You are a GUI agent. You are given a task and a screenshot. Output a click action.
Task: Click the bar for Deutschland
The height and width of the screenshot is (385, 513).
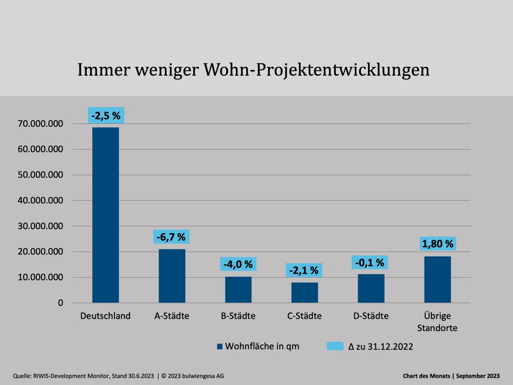click(x=106, y=215)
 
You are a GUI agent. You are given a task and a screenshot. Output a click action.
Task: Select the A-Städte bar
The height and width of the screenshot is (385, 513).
click(x=172, y=276)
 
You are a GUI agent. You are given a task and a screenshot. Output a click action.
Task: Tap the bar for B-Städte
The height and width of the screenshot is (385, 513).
click(x=238, y=290)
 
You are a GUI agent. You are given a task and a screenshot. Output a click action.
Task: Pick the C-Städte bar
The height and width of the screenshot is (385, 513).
click(x=305, y=293)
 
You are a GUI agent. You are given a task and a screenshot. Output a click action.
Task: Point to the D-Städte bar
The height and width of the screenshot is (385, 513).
click(x=371, y=288)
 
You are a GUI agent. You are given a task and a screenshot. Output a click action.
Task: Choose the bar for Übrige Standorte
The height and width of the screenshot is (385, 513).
click(x=437, y=279)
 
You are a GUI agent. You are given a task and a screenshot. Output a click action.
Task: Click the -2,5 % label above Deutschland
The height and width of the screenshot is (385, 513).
click(x=106, y=115)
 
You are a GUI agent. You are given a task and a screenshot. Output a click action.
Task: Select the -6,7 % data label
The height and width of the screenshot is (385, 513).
click(x=171, y=237)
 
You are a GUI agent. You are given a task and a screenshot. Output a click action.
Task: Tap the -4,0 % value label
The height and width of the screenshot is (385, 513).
click(x=238, y=264)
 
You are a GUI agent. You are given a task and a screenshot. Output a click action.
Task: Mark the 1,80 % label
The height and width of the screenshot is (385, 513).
click(x=438, y=243)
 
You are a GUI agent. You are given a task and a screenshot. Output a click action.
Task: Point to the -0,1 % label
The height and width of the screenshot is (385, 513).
click(x=370, y=262)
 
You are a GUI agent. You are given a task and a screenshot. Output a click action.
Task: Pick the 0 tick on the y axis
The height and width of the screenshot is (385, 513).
click(x=60, y=303)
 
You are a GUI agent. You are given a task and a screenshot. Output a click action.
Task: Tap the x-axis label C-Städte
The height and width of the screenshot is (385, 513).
click(x=305, y=316)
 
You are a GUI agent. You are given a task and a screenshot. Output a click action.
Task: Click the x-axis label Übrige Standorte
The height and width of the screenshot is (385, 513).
click(x=437, y=322)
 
